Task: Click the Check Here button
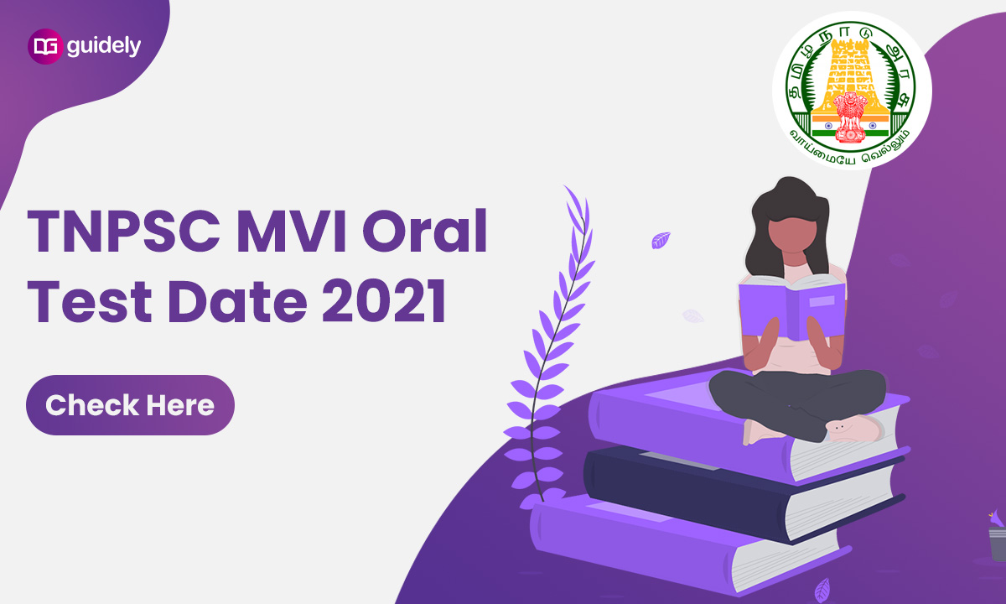coord(130,405)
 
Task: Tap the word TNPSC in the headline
coord(124,232)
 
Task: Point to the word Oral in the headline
coord(425,231)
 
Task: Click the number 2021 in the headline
coord(384,300)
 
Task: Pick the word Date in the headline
coord(237,300)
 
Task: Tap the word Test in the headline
coord(90,300)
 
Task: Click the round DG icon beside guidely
coord(45,46)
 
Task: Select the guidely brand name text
coord(104,46)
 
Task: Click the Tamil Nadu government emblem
coord(852,91)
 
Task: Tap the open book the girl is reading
coord(791,305)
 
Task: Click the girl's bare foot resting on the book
coord(853,429)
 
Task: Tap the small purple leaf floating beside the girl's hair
coord(661,240)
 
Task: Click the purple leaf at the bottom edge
coord(822,590)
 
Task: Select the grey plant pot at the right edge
coord(998,544)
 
